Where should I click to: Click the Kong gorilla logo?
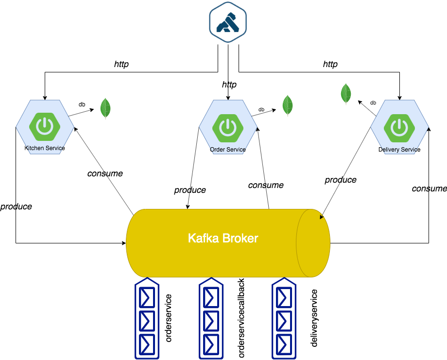pyautogui.click(x=227, y=22)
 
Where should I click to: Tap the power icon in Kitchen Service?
pyautogui.click(x=45, y=127)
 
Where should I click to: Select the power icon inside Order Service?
pyautogui.click(x=227, y=127)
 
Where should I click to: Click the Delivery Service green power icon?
pyautogui.click(x=399, y=127)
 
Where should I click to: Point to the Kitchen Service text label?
pyautogui.click(x=45, y=148)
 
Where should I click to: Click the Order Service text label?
pyautogui.click(x=228, y=150)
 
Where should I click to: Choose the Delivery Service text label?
pyautogui.click(x=399, y=150)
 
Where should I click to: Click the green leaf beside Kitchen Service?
pyautogui.click(x=105, y=108)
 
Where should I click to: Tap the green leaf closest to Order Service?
pyautogui.click(x=288, y=105)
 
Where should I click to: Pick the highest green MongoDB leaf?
pyautogui.click(x=346, y=94)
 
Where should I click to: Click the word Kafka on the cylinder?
pyautogui.click(x=204, y=239)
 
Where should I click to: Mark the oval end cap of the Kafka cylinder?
pyautogui.click(x=313, y=243)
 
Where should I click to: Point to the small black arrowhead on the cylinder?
pyautogui.click(x=322, y=217)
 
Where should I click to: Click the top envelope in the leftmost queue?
pyautogui.click(x=146, y=298)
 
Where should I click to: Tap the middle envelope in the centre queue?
pyautogui.click(x=211, y=321)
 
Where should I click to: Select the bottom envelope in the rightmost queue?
pyautogui.click(x=284, y=344)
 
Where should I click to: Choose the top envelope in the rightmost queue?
pyautogui.click(x=284, y=298)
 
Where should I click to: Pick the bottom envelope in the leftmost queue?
pyautogui.click(x=146, y=344)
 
